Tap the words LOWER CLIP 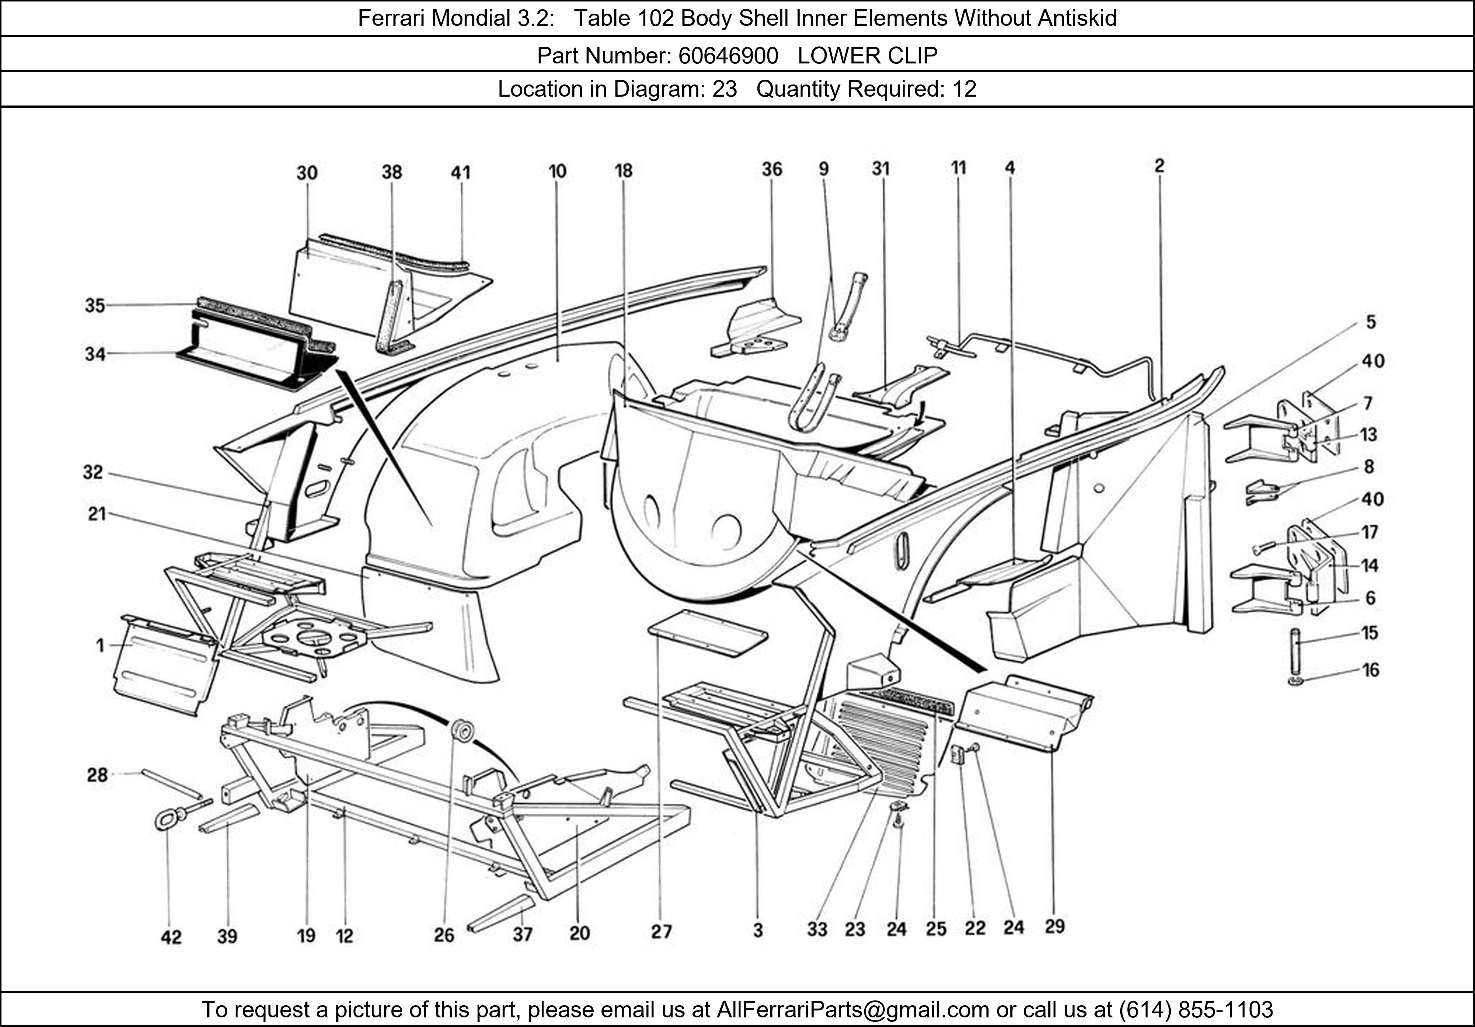[x=867, y=56]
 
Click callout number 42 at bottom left [x=171, y=937]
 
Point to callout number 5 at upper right [x=1370, y=322]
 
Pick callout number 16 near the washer [x=1370, y=670]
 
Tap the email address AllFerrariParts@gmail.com [x=853, y=1010]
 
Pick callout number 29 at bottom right [x=1054, y=926]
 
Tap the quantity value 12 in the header [x=964, y=89]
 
